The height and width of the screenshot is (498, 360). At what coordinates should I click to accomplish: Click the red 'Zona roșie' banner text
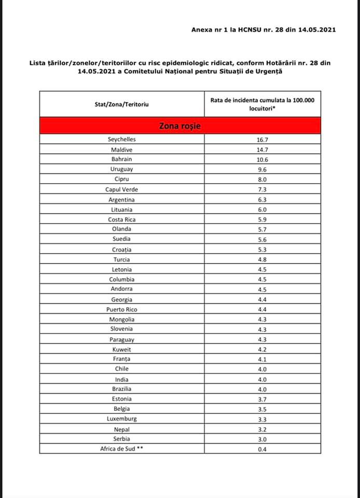(x=180, y=126)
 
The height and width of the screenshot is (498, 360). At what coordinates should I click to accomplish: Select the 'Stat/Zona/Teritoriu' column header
(x=121, y=104)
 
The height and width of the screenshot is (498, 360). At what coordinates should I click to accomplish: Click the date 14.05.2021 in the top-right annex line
(x=316, y=30)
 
